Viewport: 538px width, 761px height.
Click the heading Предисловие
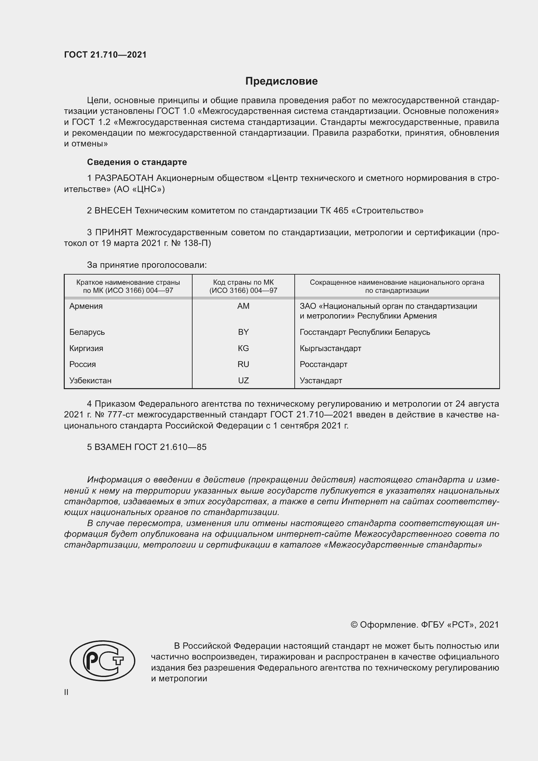click(281, 81)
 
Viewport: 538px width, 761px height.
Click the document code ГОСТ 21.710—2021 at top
click(105, 55)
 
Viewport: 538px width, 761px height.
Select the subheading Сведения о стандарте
click(137, 162)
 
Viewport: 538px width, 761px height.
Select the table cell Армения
click(86, 306)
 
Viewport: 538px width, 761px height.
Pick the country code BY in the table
click(243, 332)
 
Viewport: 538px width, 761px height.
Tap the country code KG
click(243, 348)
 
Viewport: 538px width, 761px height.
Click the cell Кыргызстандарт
click(330, 348)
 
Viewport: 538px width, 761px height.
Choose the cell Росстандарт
click(323, 365)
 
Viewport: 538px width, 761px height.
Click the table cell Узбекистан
click(90, 381)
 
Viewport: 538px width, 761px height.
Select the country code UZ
click(243, 381)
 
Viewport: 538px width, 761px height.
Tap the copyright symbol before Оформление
click(354, 625)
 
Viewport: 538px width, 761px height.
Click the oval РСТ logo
click(102, 661)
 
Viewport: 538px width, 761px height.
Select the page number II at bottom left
click(66, 692)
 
